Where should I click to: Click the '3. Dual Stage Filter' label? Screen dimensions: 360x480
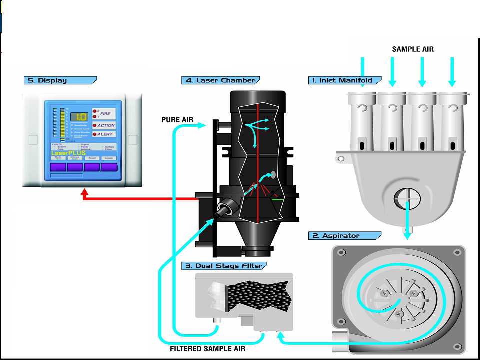click(x=224, y=266)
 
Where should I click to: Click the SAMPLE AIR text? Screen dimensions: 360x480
click(x=413, y=49)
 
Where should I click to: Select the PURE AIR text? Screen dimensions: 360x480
click(x=177, y=120)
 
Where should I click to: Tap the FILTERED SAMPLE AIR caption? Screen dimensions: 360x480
click(x=207, y=349)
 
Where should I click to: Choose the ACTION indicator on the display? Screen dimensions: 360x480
click(x=106, y=125)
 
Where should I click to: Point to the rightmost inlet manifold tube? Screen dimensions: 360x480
click(x=452, y=122)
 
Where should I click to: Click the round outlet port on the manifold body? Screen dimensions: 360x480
click(x=407, y=198)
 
